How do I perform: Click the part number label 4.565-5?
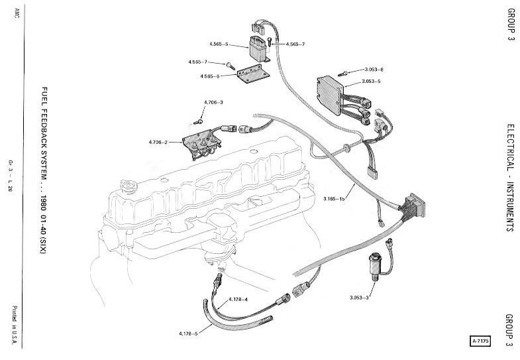[x=217, y=44]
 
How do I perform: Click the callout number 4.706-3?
[x=213, y=102]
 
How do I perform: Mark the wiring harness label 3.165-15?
[x=336, y=198]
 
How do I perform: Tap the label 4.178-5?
[x=189, y=332]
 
